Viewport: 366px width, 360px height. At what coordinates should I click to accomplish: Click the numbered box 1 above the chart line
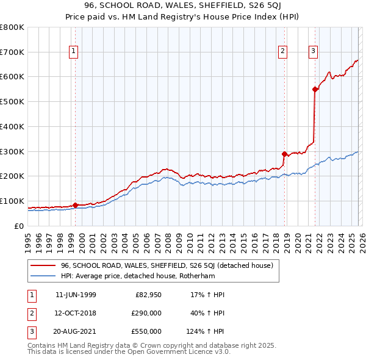[x=73, y=52]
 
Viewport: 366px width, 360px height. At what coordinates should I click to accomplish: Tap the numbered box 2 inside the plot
[x=283, y=52]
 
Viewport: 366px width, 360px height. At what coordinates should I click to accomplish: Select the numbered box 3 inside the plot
[x=313, y=52]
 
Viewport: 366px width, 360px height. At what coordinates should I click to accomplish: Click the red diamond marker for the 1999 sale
[x=75, y=206]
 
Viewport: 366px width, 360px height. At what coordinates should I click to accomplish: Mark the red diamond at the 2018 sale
[x=284, y=154]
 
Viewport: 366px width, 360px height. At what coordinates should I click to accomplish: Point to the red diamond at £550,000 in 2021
[x=315, y=89]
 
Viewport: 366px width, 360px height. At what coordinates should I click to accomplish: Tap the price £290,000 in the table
[x=147, y=313]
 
